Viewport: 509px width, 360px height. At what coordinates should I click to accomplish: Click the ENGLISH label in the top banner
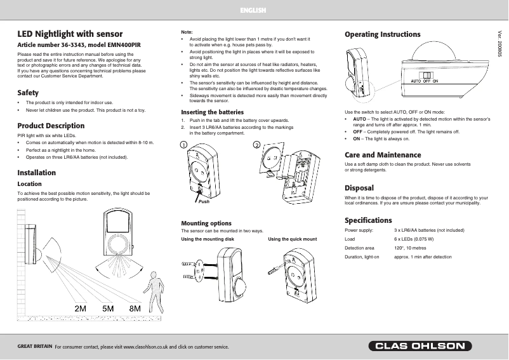click(x=253, y=11)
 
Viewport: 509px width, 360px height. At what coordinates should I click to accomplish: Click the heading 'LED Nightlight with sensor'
click(x=69, y=34)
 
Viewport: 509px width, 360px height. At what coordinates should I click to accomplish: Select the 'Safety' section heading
click(x=28, y=93)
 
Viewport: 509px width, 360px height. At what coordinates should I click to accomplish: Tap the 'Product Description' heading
click(x=50, y=126)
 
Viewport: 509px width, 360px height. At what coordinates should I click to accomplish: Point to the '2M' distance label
click(x=81, y=308)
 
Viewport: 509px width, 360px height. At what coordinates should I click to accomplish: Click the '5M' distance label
click(x=108, y=308)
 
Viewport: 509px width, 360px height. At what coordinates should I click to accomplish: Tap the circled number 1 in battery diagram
click(x=183, y=145)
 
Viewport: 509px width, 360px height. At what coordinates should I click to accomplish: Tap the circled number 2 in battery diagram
click(x=256, y=145)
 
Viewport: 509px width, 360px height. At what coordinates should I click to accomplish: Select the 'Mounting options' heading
click(x=206, y=223)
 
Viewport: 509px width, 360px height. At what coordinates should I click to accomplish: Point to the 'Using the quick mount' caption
click(x=293, y=239)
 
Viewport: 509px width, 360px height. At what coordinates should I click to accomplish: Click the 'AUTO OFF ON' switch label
click(x=424, y=82)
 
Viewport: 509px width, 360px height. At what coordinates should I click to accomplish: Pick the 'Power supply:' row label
click(x=359, y=230)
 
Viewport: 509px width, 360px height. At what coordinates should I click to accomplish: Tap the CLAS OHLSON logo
click(x=421, y=346)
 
